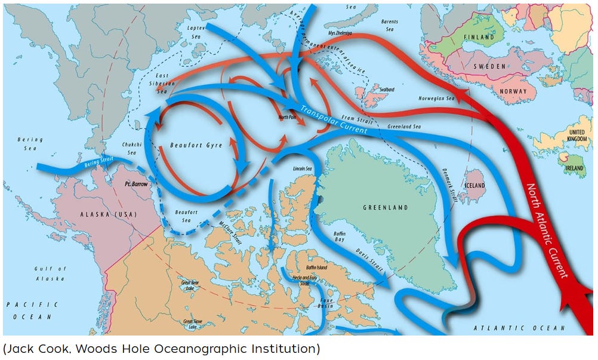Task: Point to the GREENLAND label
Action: [x=386, y=207]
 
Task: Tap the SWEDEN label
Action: [x=490, y=66]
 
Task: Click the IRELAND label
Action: [x=574, y=168]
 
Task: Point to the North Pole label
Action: [x=288, y=117]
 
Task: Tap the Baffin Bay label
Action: [x=340, y=236]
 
